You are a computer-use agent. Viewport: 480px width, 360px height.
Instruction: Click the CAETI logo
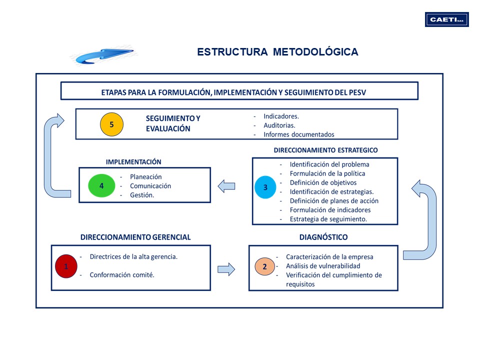click(446, 19)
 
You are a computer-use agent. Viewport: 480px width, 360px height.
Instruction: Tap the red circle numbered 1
click(66, 266)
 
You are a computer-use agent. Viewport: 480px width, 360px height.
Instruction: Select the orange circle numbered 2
click(265, 266)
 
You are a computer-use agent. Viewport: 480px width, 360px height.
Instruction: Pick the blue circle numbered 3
click(265, 187)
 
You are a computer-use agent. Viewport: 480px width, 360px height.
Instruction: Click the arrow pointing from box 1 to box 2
click(226, 269)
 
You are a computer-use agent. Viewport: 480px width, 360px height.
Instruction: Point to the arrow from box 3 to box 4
click(226, 186)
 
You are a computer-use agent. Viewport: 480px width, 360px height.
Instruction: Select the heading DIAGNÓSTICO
click(323, 237)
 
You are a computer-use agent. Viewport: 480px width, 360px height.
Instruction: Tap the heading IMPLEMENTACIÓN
click(133, 162)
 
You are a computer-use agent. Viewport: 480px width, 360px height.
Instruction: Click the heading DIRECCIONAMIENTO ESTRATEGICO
click(325, 150)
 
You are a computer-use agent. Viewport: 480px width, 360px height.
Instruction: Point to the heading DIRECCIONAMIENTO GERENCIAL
click(135, 237)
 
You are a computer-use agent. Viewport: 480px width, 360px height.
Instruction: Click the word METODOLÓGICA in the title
click(315, 51)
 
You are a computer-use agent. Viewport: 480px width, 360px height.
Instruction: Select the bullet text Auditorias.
click(279, 125)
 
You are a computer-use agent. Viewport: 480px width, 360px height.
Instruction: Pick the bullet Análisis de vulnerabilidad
click(323, 266)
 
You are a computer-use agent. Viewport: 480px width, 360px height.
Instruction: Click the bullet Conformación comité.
click(122, 275)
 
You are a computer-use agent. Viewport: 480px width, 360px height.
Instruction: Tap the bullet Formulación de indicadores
click(330, 210)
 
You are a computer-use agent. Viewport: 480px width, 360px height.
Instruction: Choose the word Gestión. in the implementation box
click(142, 195)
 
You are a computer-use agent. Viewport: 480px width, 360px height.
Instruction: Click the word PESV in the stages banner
click(357, 92)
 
